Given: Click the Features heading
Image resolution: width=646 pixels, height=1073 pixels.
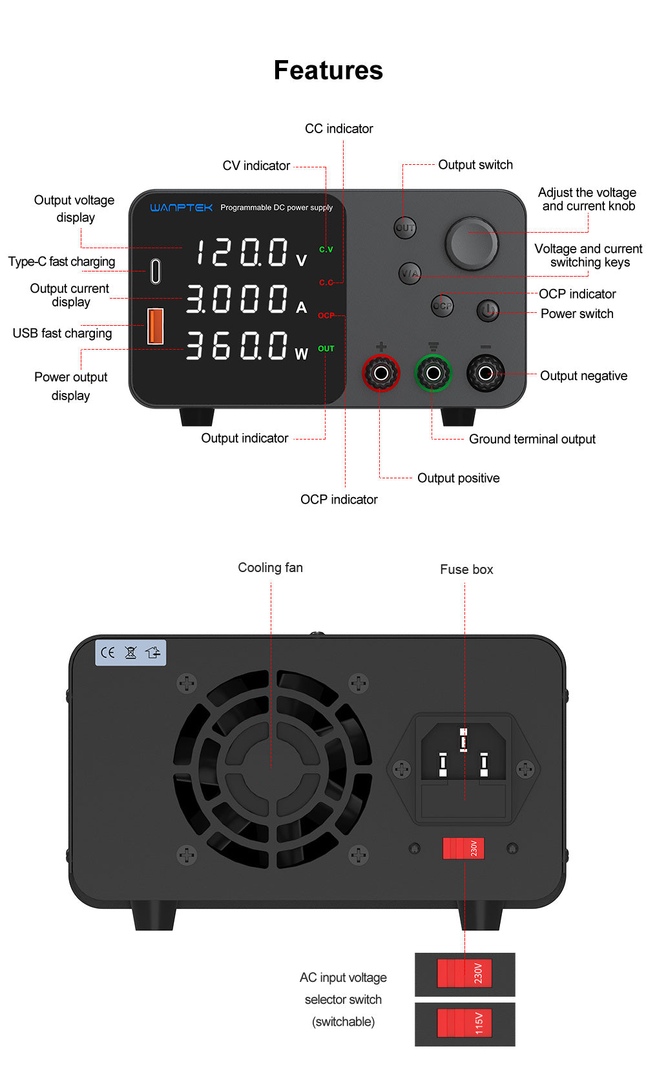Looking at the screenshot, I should tap(328, 70).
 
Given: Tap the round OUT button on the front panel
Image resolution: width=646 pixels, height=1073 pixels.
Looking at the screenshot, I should tap(405, 228).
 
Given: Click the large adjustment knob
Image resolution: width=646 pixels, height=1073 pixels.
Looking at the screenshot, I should tap(472, 244).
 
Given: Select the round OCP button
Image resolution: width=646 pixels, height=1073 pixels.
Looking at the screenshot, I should tap(443, 306).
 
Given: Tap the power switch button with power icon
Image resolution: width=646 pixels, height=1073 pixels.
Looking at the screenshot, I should tap(488, 311).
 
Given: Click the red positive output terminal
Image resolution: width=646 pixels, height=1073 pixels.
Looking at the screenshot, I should tap(381, 373).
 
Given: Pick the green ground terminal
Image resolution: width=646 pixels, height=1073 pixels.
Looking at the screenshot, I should tap(433, 373).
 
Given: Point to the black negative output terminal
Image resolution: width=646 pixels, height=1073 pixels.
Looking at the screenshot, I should tap(485, 373).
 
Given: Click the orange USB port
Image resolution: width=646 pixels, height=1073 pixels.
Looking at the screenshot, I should tap(156, 326).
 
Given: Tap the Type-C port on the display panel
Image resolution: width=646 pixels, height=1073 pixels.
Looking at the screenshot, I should tap(155, 271).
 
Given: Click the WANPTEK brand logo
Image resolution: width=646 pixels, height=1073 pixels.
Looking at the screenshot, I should tap(182, 207).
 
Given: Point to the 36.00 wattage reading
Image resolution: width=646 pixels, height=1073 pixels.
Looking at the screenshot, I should tap(236, 346).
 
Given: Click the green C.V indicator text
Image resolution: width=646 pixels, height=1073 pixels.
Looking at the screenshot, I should tap(326, 250).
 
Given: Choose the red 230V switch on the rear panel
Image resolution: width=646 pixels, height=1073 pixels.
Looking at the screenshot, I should tap(463, 848).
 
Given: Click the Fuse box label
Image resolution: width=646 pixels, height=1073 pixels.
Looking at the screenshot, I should tap(466, 569).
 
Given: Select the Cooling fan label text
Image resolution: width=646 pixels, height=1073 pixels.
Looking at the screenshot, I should tap(270, 568).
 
